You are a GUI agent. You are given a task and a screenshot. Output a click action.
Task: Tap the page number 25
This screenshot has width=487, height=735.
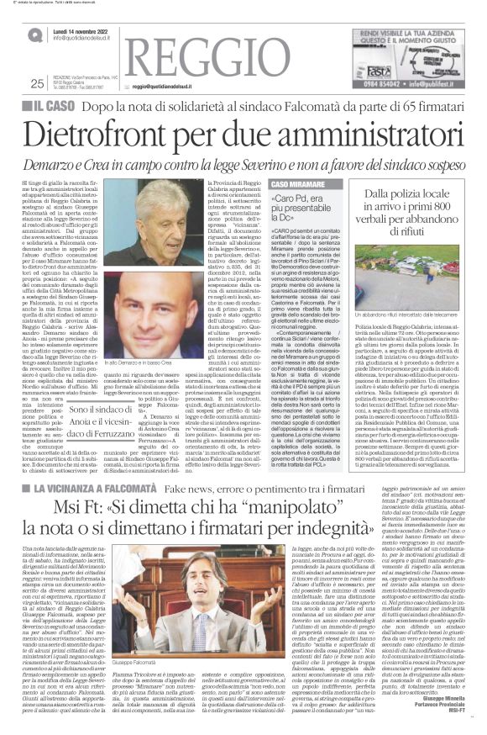(36, 83)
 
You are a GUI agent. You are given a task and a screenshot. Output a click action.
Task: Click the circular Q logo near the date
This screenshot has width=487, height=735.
(34, 35)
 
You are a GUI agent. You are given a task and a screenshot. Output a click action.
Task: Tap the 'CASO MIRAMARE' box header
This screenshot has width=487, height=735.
(295, 183)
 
